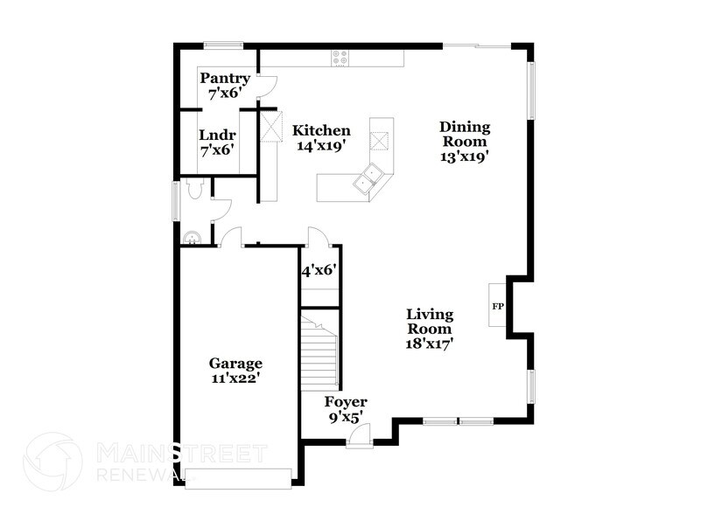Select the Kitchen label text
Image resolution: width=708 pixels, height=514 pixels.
(x=321, y=130)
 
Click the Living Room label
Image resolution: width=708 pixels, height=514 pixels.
(x=429, y=321)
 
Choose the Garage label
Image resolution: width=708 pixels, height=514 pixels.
(x=235, y=363)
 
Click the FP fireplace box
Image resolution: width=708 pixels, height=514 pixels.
(x=498, y=306)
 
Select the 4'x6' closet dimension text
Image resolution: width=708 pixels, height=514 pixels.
(x=319, y=271)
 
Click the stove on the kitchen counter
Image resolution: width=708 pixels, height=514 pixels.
(x=340, y=59)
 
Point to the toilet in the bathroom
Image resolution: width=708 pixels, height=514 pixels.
(x=194, y=187)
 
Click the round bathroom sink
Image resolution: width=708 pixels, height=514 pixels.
(x=192, y=235)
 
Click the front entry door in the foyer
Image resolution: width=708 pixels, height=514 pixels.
(x=360, y=434)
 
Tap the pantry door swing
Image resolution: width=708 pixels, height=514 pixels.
(x=267, y=86)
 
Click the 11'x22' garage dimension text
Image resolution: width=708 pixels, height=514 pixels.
(x=235, y=379)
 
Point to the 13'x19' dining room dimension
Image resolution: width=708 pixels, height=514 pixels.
(x=464, y=157)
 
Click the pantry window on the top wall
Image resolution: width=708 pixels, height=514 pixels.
(x=224, y=45)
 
